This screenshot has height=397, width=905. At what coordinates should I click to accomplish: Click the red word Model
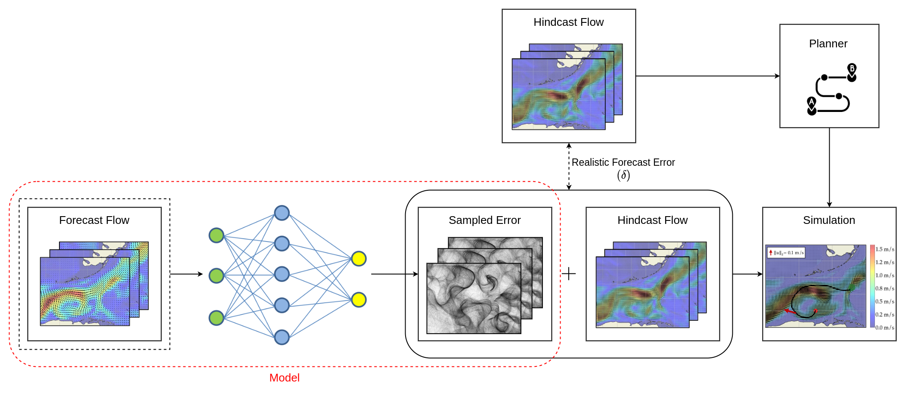coord(284,378)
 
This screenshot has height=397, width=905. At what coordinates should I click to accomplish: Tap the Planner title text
coord(828,43)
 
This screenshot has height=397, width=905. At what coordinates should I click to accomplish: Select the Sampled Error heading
coord(484,220)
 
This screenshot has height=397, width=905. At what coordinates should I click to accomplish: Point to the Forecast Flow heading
coord(94,220)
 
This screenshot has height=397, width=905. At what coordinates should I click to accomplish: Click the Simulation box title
coord(829,220)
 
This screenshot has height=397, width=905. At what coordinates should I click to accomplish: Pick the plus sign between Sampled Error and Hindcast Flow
coord(569,273)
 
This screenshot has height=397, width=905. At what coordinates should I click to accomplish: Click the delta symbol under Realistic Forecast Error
coord(623,175)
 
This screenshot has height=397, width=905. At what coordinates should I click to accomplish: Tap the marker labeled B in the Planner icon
coord(852,69)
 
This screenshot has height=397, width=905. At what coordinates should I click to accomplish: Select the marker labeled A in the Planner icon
coord(812,102)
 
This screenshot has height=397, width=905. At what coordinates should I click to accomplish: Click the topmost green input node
coord(216,235)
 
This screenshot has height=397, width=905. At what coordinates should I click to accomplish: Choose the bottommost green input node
coord(216,318)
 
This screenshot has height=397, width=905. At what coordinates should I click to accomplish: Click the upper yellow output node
coord(359,258)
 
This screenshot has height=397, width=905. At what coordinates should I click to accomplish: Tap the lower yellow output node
coord(359,300)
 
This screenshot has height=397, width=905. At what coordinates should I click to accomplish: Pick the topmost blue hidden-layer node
coord(282,213)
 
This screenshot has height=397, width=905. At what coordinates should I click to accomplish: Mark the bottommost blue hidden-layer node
coord(282,337)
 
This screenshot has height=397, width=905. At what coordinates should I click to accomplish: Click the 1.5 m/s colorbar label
coord(885,249)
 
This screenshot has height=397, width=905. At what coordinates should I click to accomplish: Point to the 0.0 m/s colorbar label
coord(885,328)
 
